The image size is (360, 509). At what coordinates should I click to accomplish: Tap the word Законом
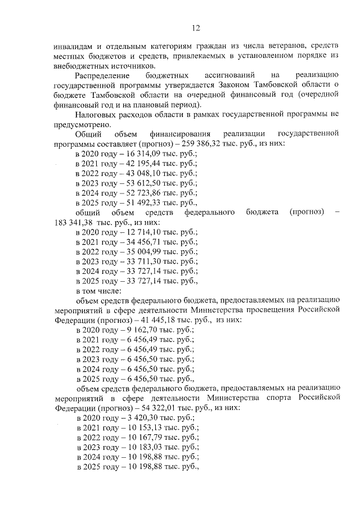236,85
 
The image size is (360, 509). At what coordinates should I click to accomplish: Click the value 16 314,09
132,154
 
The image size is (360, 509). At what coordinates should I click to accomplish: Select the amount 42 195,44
132,164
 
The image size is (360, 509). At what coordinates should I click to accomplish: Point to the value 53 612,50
132,183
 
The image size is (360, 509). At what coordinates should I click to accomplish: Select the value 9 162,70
130,330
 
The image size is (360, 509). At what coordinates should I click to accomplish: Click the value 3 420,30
130,417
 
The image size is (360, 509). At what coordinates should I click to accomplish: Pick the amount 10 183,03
132,447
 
